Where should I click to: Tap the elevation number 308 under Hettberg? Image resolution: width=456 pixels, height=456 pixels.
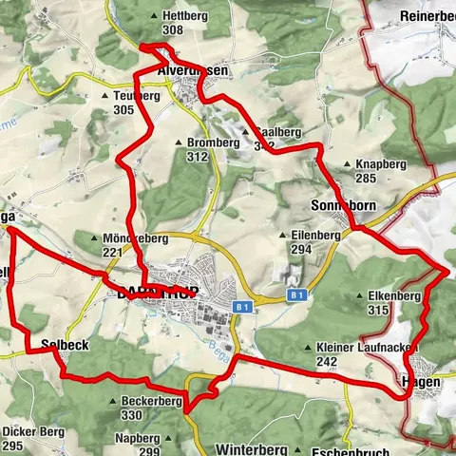[172, 30]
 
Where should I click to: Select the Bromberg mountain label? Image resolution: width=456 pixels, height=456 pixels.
[213, 142]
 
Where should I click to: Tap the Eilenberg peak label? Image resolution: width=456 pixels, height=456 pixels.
[316, 235]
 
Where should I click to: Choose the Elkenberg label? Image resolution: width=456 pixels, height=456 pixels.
[392, 296]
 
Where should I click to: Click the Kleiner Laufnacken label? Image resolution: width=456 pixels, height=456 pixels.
[363, 349]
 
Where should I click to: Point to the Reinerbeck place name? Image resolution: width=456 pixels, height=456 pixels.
[427, 16]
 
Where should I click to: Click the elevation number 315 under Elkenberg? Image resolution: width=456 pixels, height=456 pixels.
[380, 310]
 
